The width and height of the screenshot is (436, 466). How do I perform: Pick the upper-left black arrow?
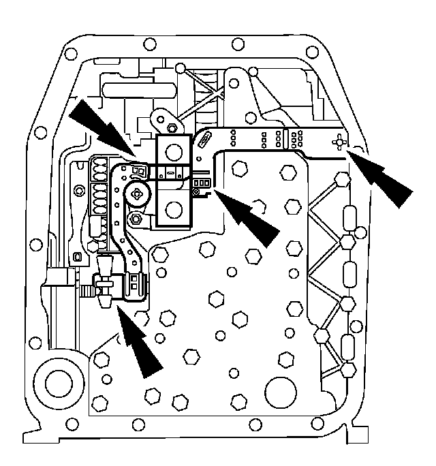(102, 128)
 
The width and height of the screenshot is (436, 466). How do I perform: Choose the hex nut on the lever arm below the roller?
(136, 219)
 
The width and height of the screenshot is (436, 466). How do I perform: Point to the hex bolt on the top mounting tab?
(172, 127)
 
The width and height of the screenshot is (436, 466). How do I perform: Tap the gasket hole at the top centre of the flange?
(238, 44)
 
